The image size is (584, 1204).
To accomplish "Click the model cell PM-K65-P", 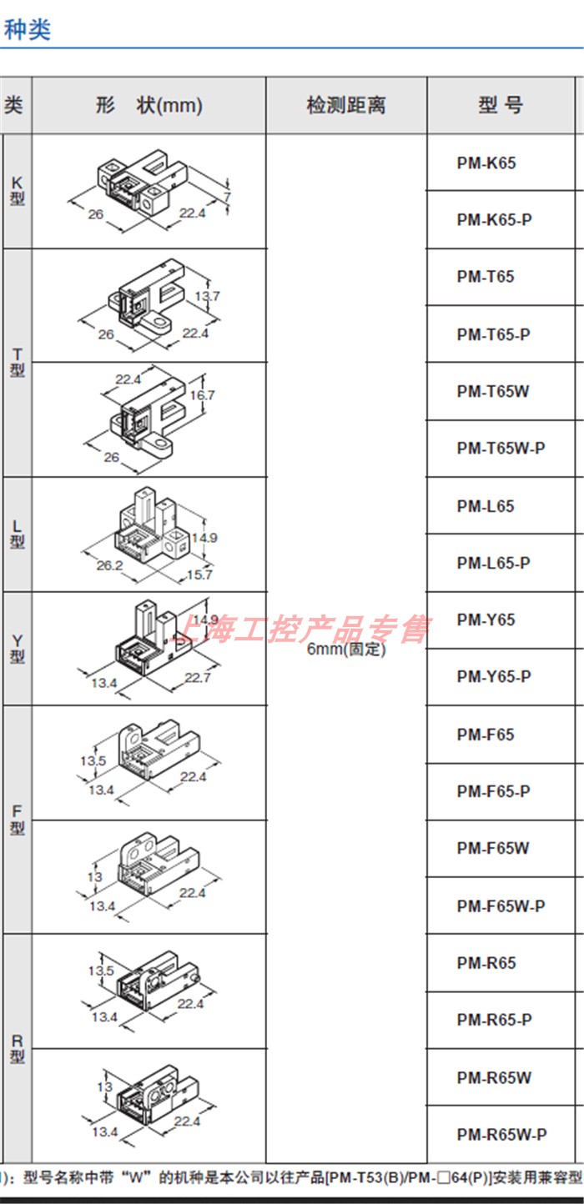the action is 494,220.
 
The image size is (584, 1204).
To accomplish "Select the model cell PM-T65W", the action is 492,391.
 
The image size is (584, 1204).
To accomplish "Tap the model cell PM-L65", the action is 486,506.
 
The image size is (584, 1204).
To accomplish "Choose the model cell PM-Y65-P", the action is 493,676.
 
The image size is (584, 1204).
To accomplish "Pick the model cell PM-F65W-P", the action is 501,906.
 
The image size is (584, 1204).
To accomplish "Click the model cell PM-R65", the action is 486,963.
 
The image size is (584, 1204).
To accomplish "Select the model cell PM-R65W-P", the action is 501,1134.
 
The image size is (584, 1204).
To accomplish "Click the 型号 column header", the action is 501,106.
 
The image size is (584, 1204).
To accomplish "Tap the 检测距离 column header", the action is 346,106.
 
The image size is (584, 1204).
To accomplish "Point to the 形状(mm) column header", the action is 149,106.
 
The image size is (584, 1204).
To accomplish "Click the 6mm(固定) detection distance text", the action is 346,650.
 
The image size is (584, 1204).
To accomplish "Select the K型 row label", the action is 17,191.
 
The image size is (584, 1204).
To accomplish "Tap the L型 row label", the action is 17,534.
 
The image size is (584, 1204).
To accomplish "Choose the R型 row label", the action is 17,1049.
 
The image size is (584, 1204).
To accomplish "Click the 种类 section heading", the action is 28,29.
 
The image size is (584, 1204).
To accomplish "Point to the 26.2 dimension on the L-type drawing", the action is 109,564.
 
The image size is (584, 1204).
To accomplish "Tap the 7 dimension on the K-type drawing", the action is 226,196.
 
